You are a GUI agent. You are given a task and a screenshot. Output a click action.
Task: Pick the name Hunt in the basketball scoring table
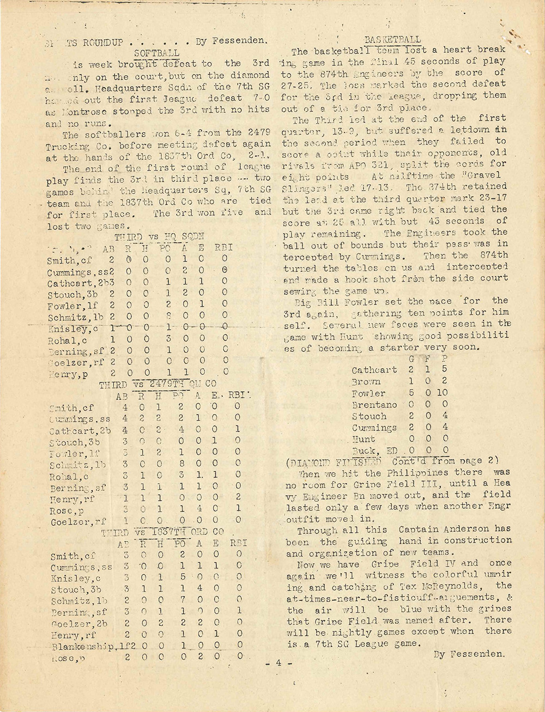pos(364,439)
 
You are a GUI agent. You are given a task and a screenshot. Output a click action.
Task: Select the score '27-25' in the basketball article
pos(300,85)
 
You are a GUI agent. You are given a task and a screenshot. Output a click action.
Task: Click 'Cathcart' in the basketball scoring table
pos(374,370)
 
